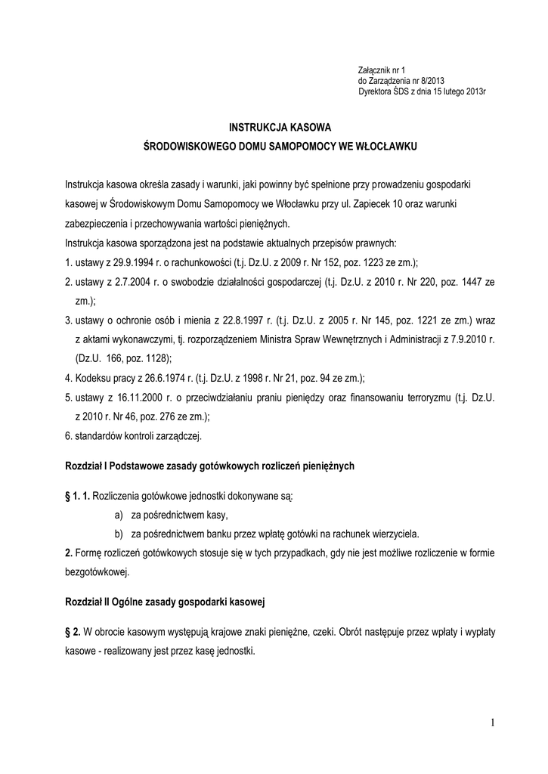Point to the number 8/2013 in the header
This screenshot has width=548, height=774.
[x=425, y=80]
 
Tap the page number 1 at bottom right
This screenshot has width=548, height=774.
[x=491, y=723]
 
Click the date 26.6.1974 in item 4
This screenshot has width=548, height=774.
[x=167, y=378]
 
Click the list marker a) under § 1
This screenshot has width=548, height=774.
[x=118, y=514]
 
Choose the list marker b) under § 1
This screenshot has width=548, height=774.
[x=118, y=533]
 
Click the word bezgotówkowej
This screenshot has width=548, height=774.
[x=97, y=571]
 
